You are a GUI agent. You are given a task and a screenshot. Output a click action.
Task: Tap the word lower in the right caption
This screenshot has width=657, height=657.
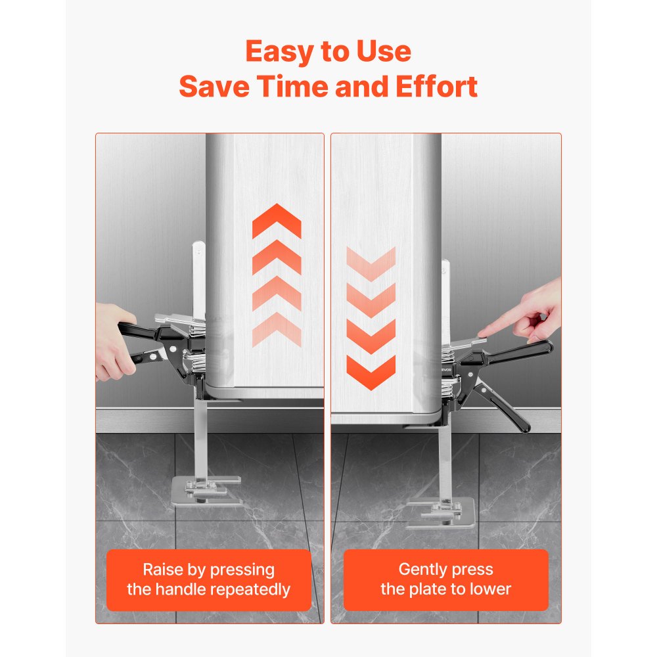pos(490,589)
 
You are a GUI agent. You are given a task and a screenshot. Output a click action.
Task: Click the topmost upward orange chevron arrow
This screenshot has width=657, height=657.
pos(277,220)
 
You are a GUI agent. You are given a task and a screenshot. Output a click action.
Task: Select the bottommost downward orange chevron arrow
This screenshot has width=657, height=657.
pos(371,372)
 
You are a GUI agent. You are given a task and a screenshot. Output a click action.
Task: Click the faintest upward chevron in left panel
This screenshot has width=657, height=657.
pos(277,329)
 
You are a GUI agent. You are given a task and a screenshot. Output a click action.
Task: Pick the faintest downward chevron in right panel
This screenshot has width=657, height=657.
pos(371,263)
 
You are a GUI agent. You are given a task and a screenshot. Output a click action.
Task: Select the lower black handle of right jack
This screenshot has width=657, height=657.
pos(502,407)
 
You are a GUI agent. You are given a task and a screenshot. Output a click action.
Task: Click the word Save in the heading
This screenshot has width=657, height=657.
pos(214,86)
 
